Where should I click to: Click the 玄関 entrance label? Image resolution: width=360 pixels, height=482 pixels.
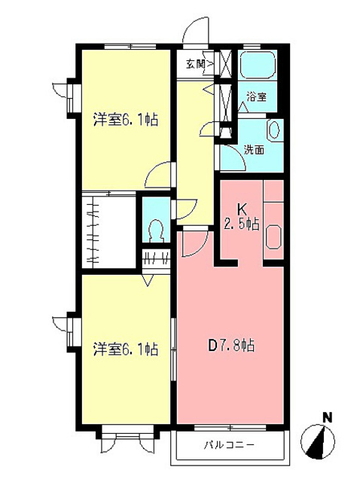tap(195, 64)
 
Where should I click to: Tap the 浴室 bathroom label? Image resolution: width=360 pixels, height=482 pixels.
tap(257, 97)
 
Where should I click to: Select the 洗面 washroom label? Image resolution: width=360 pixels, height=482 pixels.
tap(254, 149)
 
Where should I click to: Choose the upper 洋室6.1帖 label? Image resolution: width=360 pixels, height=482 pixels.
tap(125, 119)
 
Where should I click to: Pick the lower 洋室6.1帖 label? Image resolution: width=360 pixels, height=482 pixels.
tap(125, 349)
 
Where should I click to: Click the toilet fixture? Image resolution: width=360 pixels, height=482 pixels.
tap(157, 227)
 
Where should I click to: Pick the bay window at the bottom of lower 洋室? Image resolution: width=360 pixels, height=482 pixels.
tap(127, 436)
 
